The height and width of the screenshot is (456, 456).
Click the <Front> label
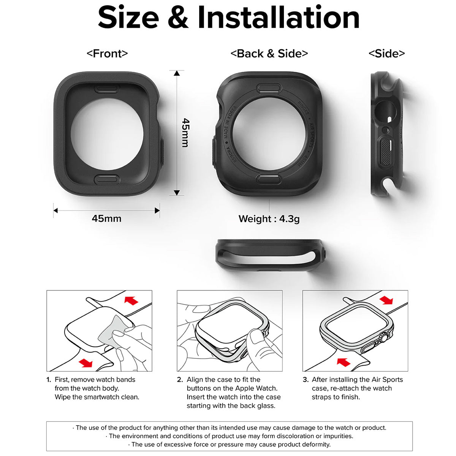coord(107,54)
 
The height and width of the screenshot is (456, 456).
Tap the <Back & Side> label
coord(269,54)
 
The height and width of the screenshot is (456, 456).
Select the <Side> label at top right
coord(386,54)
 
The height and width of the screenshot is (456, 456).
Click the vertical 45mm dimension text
coord(185,133)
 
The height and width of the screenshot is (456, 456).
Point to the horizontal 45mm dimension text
coord(106,218)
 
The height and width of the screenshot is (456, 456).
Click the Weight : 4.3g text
coord(269,219)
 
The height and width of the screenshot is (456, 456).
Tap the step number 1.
coord(49,380)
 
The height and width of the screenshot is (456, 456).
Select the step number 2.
coord(180,380)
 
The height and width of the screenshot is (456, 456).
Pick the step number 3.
coord(306,380)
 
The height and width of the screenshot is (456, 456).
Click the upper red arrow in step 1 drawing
coord(131,301)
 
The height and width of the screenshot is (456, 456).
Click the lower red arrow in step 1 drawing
coord(85,363)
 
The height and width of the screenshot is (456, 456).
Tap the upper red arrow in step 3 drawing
coord(386,300)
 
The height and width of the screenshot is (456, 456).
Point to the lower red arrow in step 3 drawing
coord(344,361)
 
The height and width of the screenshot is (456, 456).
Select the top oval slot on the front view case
coord(107,89)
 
